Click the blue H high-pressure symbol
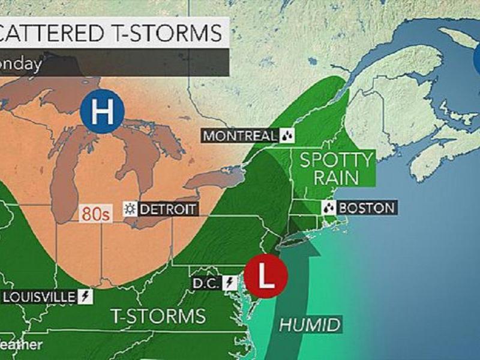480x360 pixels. [102, 112]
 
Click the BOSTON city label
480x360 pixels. [367, 208]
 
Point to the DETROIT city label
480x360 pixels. [167, 209]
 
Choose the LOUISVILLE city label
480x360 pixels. [39, 297]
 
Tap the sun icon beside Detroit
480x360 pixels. [129, 209]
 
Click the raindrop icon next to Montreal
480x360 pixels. [287, 136]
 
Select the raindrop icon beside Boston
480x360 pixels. [329, 208]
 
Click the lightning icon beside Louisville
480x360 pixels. [86, 297]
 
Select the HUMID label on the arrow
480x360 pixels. [310, 326]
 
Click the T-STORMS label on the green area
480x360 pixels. [158, 316]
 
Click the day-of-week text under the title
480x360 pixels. [21, 63]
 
